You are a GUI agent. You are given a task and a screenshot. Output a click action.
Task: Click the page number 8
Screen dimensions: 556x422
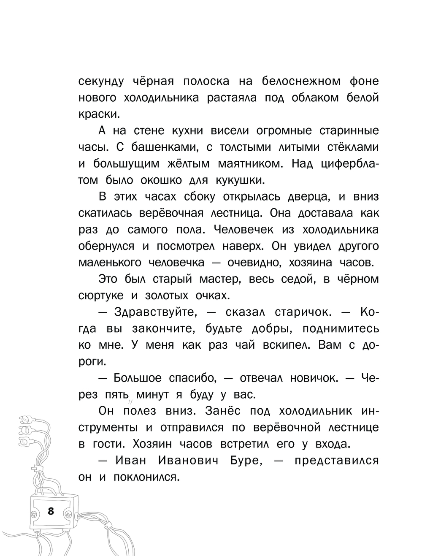(x=51, y=511)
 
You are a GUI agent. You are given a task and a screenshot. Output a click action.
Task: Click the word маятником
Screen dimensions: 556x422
(x=250, y=164)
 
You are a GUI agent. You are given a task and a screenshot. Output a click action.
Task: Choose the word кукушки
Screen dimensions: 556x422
(x=241, y=180)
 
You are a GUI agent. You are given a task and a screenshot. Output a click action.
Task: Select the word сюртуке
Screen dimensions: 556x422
(x=101, y=296)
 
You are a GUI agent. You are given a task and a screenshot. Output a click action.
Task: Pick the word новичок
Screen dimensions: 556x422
(x=314, y=378)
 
